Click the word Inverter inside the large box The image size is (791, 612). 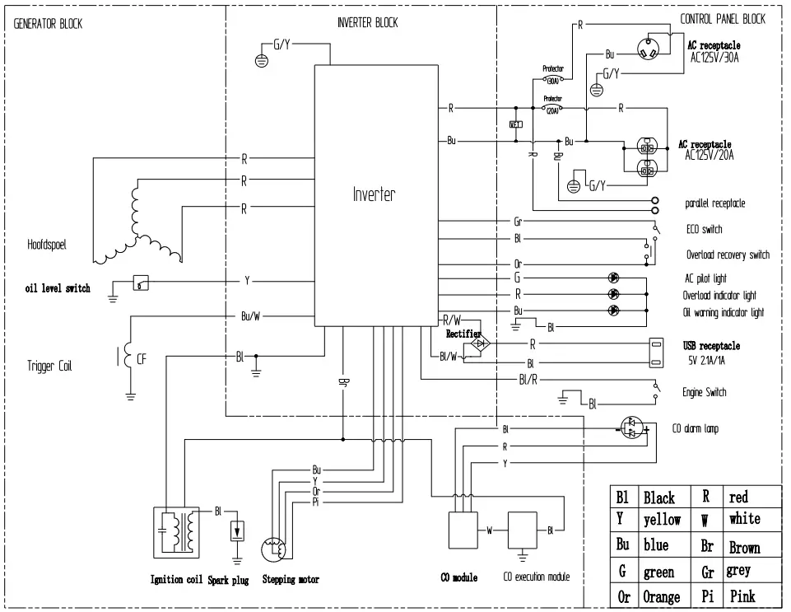tap(374, 195)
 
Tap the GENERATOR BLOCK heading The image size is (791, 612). tap(48, 24)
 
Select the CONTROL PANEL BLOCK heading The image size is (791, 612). tap(722, 19)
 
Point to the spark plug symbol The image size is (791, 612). tap(239, 530)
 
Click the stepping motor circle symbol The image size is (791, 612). tap(274, 549)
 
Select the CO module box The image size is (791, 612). tap(463, 530)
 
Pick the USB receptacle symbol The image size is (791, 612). tap(656, 352)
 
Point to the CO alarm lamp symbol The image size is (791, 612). tap(632, 429)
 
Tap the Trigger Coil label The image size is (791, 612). tap(49, 366)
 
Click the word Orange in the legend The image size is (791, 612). tap(661, 596)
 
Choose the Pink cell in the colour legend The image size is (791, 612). tap(742, 595)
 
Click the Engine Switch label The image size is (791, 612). tap(704, 393)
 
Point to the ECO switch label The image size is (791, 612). tap(704, 229)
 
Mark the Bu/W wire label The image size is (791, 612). tap(251, 316)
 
